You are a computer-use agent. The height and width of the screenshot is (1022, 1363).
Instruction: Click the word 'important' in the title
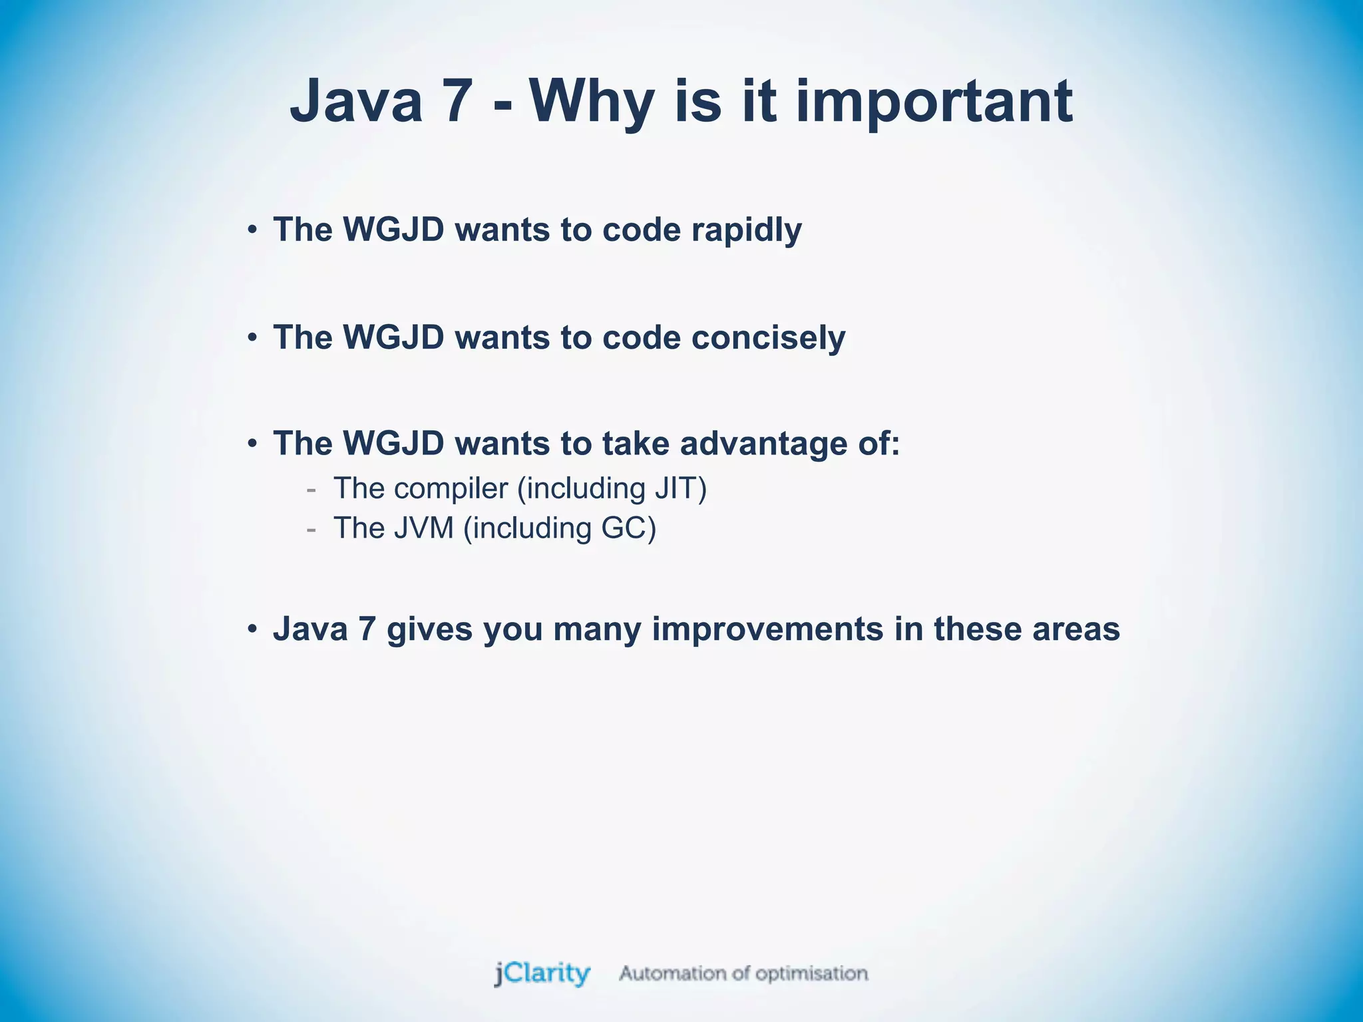[934, 102]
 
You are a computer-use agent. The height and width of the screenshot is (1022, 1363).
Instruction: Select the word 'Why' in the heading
[592, 102]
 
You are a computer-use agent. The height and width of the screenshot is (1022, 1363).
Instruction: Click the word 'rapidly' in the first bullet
[746, 230]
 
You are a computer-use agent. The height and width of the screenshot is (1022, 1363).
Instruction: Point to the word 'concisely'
[768, 337]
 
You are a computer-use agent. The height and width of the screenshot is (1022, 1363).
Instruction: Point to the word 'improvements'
[767, 629]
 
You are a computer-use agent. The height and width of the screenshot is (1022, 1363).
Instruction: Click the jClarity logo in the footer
[542, 973]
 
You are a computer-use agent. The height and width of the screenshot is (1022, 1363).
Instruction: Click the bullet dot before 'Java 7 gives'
[252, 629]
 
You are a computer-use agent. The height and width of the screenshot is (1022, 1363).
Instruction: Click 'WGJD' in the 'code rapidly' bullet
[393, 230]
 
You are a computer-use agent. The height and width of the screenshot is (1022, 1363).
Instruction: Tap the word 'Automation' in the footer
[674, 973]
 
